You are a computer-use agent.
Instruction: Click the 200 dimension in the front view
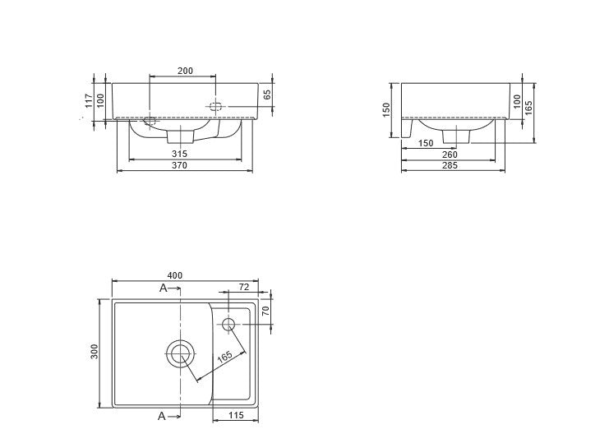(x=185, y=71)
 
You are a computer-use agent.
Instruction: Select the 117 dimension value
(x=89, y=101)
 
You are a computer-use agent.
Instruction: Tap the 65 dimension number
(x=268, y=95)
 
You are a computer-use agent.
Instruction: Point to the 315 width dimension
(x=179, y=154)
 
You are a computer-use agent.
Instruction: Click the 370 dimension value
(x=179, y=165)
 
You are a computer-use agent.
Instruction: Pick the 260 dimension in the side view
(x=450, y=155)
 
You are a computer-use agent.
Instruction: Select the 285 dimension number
(x=450, y=165)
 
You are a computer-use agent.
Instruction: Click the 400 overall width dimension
(x=175, y=275)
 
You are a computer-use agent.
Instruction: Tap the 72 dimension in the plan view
(x=244, y=287)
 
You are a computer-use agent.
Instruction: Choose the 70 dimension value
(x=266, y=311)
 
